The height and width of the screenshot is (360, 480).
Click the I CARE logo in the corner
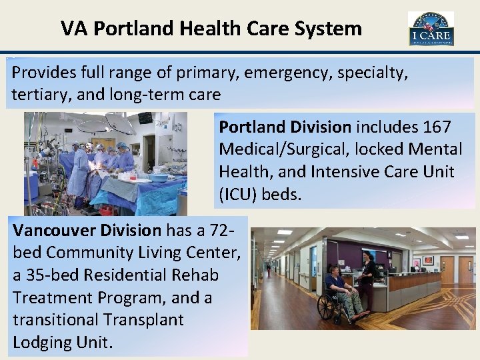point(431,29)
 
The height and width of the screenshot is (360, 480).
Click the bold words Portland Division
point(285,126)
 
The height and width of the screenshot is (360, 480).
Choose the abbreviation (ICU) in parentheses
point(241,194)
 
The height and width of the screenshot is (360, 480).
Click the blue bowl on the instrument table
point(159,178)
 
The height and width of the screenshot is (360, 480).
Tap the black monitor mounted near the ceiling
point(145,118)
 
